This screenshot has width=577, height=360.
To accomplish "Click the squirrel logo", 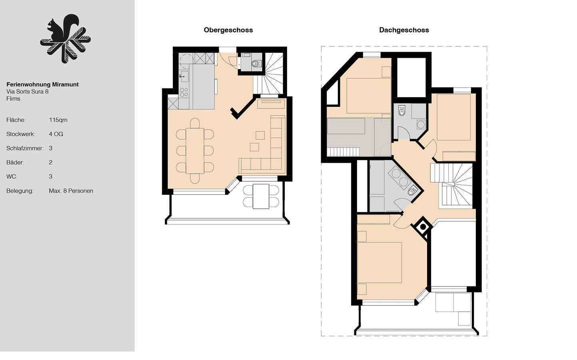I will [65, 40].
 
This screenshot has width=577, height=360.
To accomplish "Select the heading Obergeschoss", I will [228, 30].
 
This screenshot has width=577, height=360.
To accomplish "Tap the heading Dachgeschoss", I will [404, 30].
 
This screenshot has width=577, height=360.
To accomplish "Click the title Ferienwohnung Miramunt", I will [42, 84].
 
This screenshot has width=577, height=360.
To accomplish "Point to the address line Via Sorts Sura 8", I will [27, 92].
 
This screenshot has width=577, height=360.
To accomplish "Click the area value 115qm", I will [58, 120].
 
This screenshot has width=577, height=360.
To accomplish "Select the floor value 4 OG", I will [56, 134].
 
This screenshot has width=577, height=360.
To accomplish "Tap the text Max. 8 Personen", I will [71, 191].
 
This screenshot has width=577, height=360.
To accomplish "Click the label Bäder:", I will [15, 162].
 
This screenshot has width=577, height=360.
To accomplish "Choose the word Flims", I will [13, 99].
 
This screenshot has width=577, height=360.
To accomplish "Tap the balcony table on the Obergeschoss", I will [261, 196].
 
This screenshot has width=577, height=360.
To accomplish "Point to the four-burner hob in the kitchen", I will [184, 92].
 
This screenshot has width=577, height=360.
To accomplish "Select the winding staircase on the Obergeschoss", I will [273, 72].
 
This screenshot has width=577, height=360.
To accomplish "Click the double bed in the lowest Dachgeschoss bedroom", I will [379, 262].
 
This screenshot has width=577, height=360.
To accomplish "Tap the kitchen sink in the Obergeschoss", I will [184, 76].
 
